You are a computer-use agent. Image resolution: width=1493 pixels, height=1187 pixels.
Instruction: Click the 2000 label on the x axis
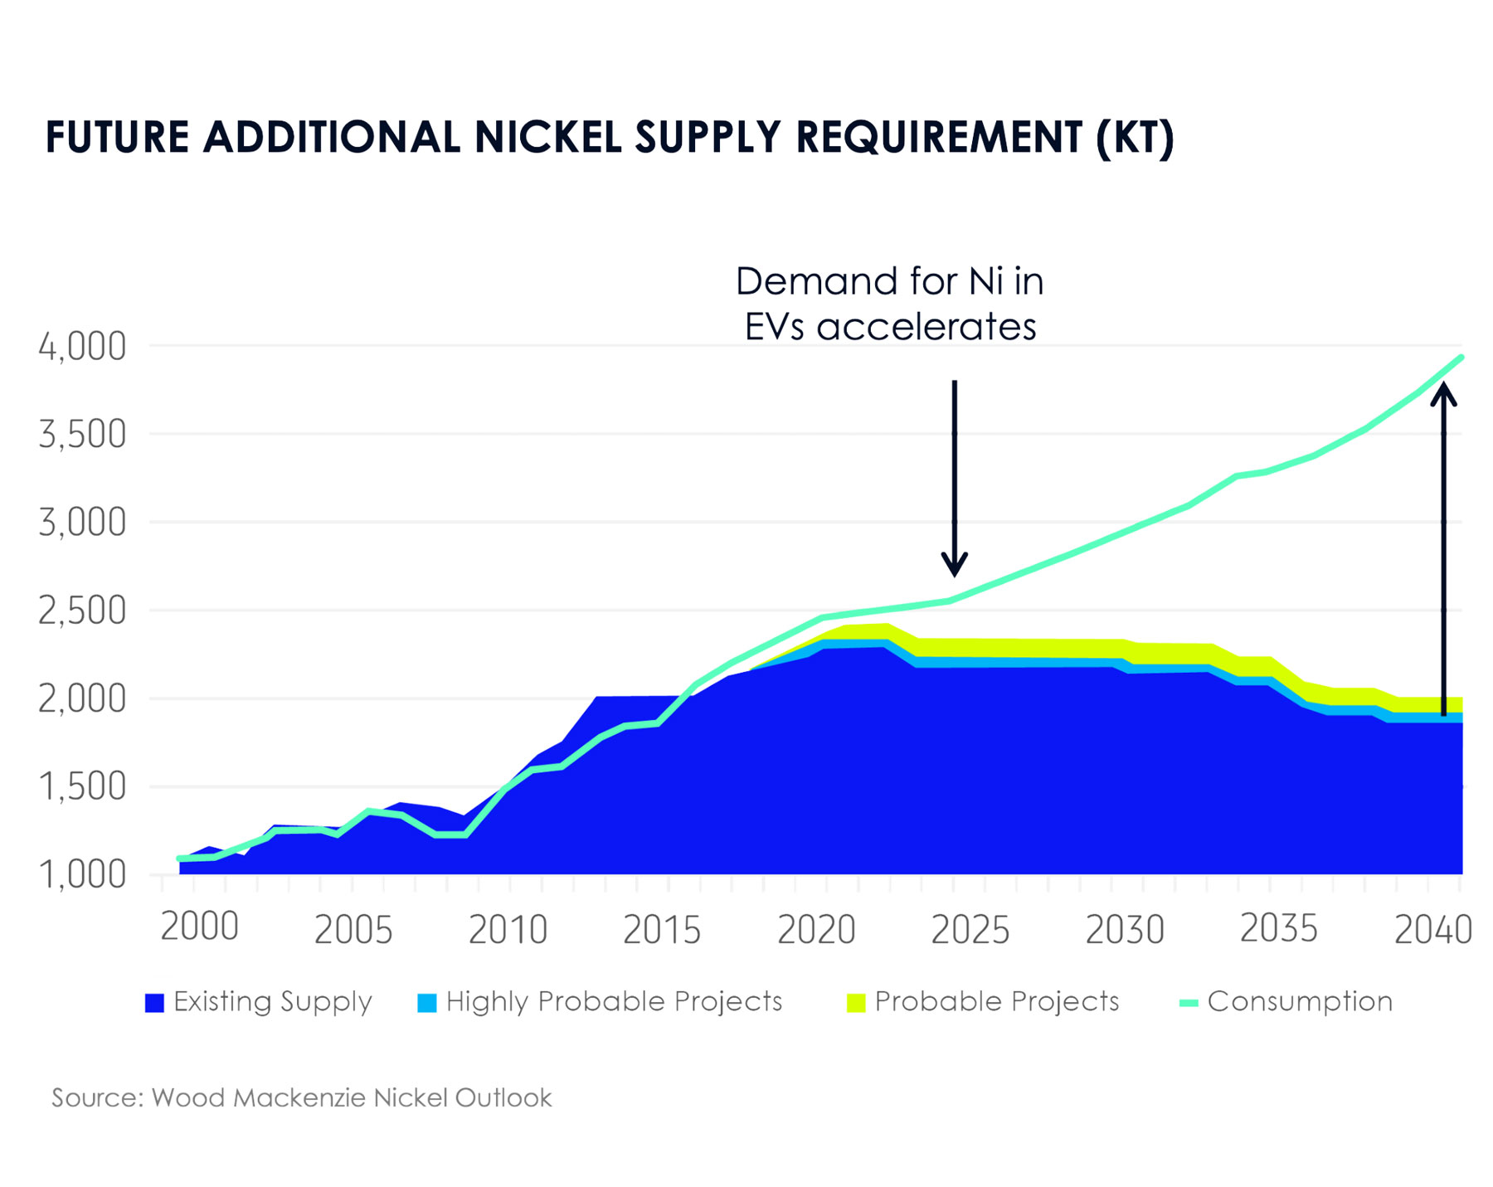click(199, 927)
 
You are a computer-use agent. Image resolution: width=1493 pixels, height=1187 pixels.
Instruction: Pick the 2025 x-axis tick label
click(970, 930)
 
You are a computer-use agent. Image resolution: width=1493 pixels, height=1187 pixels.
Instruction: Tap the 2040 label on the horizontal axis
click(1432, 930)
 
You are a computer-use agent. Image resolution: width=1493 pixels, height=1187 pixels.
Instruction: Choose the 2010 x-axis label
click(508, 930)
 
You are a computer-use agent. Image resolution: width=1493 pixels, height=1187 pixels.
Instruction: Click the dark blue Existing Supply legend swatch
click(154, 1003)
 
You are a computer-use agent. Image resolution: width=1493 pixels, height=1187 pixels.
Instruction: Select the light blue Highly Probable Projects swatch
click(426, 1003)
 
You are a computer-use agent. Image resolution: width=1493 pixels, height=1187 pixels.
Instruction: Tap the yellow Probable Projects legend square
click(856, 1003)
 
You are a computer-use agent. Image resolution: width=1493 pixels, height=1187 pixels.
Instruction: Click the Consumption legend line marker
click(1189, 1003)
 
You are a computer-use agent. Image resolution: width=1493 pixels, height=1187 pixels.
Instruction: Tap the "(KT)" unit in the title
click(1135, 138)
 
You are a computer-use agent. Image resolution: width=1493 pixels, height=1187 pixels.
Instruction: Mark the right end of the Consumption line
click(1461, 358)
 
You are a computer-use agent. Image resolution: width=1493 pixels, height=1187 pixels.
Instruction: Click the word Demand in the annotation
click(803, 282)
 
